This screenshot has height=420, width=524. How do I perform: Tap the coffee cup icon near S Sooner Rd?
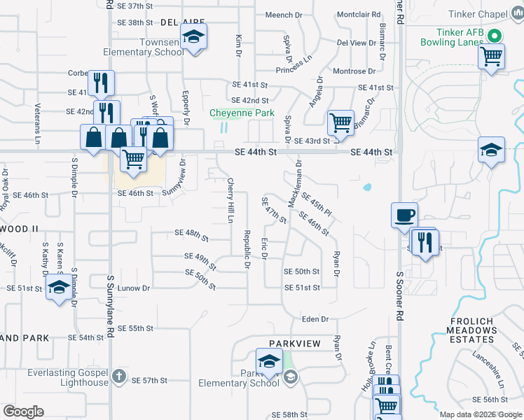click(x=404, y=215)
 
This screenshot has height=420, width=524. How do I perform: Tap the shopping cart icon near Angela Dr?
click(x=341, y=122)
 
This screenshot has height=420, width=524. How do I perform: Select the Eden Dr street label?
click(x=315, y=319)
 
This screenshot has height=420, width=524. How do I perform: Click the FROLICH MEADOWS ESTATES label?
click(x=471, y=330)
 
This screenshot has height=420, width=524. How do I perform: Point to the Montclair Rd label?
click(x=359, y=14)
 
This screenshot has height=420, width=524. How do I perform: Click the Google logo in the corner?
click(x=23, y=412)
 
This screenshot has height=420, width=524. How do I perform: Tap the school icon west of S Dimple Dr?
click(x=58, y=288)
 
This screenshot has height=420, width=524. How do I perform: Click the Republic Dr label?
click(x=247, y=248)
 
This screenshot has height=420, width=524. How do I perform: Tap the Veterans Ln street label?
click(x=38, y=121)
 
